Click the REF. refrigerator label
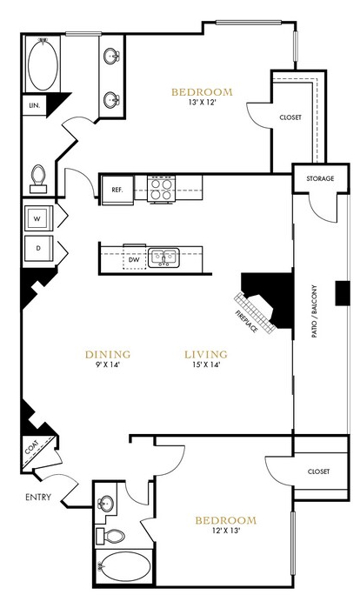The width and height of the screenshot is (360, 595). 117,190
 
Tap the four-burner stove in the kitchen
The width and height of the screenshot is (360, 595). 161,189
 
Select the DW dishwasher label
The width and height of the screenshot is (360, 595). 134,260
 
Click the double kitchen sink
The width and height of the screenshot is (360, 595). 163,258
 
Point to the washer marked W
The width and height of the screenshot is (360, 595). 38,218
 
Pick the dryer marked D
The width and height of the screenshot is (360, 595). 38,248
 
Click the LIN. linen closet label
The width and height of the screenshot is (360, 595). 35,105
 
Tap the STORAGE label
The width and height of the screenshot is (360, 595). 320,178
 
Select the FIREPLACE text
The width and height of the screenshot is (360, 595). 247,321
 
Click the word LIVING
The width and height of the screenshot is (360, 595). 206,354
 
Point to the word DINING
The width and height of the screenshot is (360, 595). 108,354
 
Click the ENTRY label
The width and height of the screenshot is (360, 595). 38,497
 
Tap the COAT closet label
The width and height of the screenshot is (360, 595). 31,447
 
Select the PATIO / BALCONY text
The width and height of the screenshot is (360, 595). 315,311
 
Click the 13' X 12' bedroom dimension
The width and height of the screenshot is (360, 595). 202,102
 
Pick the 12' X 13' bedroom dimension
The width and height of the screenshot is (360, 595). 226,531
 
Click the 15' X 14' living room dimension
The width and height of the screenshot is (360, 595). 206,365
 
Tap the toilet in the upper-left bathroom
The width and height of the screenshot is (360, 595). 38,178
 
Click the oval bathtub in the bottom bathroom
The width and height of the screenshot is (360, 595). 124,565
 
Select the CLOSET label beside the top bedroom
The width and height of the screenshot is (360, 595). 290,117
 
